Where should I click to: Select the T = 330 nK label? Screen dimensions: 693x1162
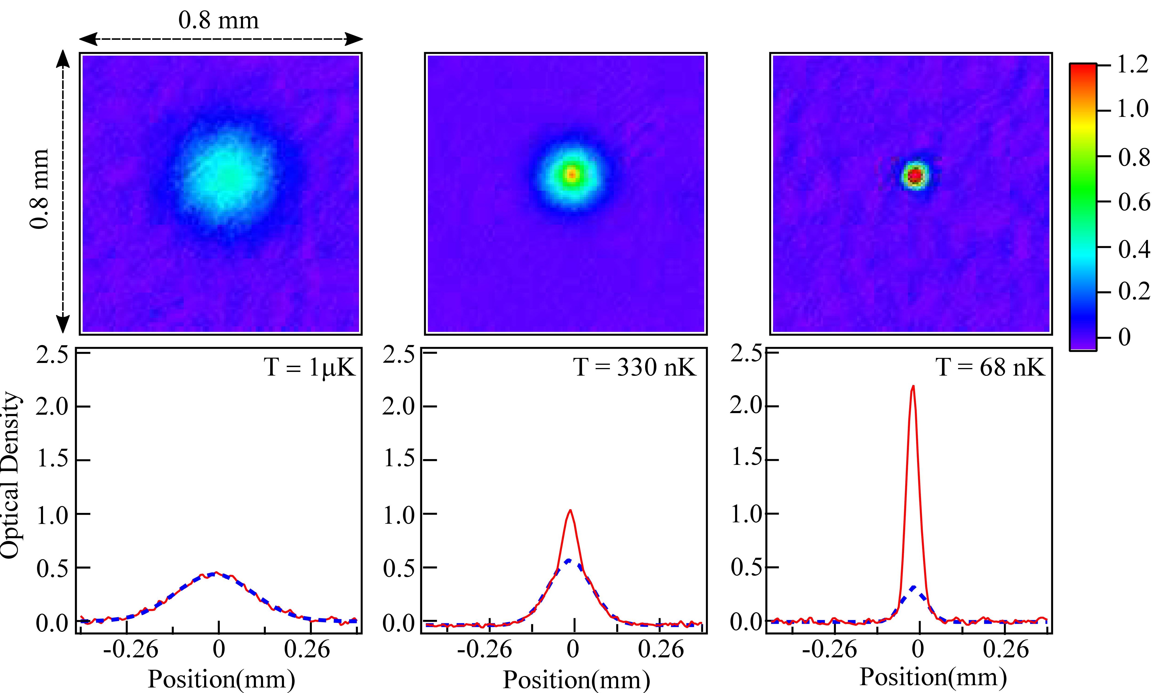coord(634,368)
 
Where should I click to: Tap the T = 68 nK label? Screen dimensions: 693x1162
coord(990,368)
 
